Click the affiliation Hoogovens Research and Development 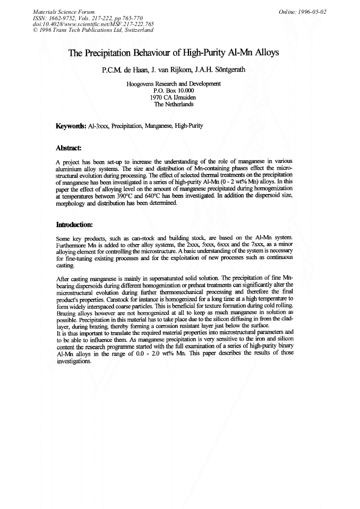[x=174, y=84]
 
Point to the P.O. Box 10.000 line [x=174, y=91]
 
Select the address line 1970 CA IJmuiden [x=174, y=98]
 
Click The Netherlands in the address [x=174, y=105]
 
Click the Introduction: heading [x=74, y=224]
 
